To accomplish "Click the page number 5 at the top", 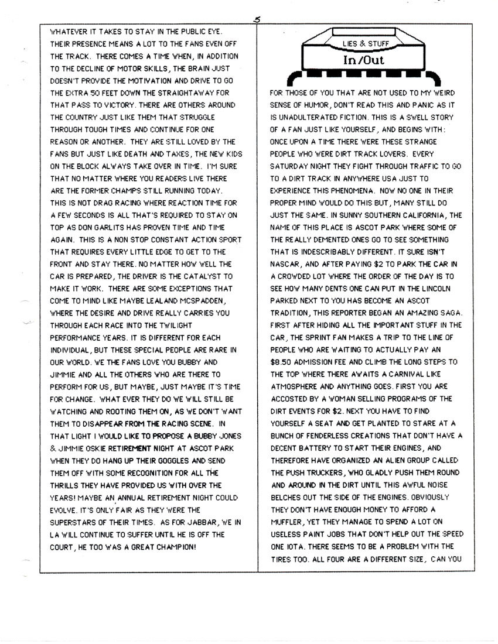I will [x=257, y=19].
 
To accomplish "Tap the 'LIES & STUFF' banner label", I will [x=369, y=44].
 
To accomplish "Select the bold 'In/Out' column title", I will [x=369, y=60].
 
